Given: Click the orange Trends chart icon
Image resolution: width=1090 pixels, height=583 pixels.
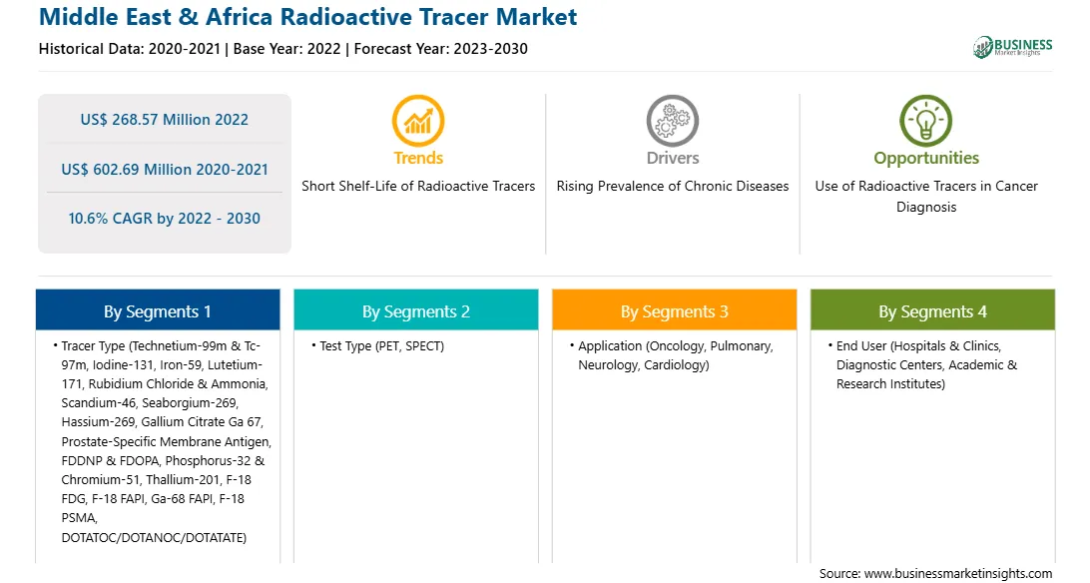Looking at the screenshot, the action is pos(418,120).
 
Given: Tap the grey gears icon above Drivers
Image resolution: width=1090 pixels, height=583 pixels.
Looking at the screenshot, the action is pos(672,120).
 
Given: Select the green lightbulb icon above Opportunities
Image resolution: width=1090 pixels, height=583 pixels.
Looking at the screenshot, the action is pos(926,120).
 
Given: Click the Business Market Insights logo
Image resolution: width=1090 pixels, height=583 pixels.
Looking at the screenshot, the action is pos(1012,47).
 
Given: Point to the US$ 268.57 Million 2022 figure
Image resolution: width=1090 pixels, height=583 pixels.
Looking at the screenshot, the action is pos(164,120).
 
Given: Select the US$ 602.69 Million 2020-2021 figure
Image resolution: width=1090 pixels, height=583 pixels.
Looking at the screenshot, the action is pos(165,169).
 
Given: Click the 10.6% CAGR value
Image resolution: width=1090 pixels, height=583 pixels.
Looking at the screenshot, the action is pos(164,219).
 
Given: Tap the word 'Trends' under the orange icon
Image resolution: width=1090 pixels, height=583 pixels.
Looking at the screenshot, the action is pos(418,158).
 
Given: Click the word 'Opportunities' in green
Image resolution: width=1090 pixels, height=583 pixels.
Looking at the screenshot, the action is pos(926,159).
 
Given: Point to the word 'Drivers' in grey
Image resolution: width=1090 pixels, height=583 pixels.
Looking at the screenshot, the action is pos(673,158).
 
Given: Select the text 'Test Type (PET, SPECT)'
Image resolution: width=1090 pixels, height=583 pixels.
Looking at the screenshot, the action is pos(381,346).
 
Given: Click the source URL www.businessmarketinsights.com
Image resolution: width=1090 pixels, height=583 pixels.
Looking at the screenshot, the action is pos(958,573).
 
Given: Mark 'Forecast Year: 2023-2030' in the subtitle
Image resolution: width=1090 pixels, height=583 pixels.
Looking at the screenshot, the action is pos(441,49).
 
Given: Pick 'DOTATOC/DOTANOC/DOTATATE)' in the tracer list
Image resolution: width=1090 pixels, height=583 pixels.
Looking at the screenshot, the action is pos(154,538).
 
